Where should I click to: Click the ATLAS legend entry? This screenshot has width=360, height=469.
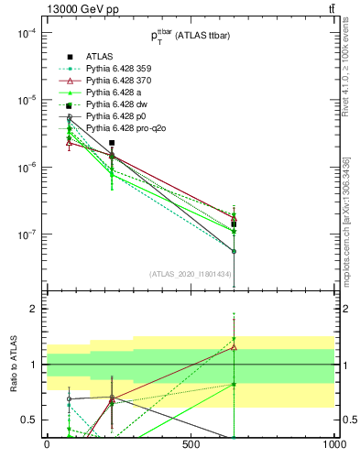point(101,57)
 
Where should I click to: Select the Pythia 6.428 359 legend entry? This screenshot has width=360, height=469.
point(120,69)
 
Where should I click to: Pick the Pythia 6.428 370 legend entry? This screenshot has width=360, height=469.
point(120,81)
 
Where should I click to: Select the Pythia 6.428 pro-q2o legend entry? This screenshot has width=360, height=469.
point(125,128)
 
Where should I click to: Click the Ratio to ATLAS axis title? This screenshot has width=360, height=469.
point(14,364)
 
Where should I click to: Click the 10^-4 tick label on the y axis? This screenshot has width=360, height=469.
point(26,33)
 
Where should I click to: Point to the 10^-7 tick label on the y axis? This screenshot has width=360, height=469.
point(26,234)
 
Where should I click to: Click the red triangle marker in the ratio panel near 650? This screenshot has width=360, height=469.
point(234,347)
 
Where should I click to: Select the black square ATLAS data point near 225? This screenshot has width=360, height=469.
point(112,143)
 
